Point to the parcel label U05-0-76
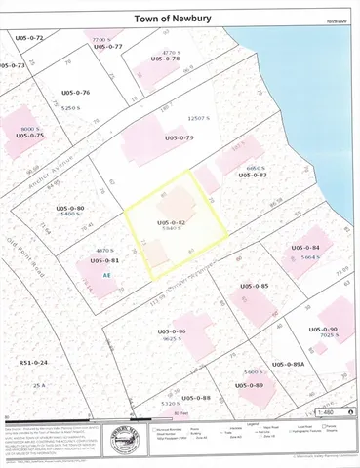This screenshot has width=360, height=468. click(73, 93)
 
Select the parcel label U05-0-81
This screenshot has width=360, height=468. click(103, 260)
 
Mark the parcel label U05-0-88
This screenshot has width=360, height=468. click(195, 397)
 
